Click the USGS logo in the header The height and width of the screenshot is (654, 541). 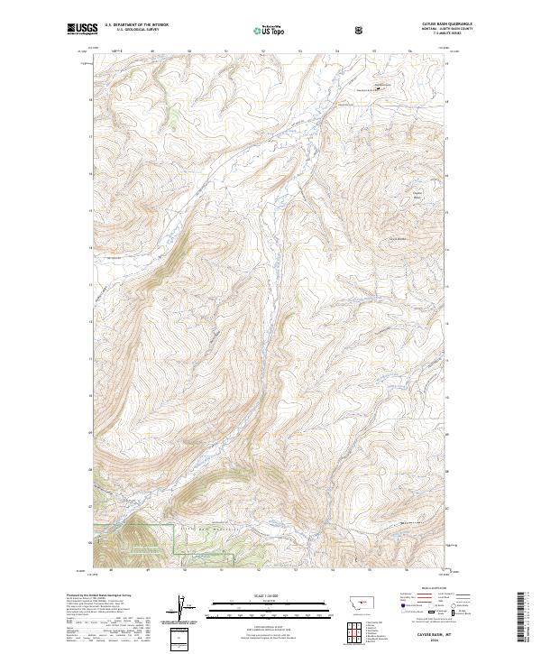click(x=82, y=30)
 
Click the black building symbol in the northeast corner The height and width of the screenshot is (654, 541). click(x=378, y=88)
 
